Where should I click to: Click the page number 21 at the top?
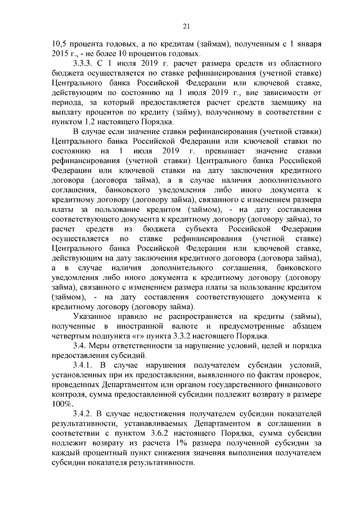click(x=187, y=25)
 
